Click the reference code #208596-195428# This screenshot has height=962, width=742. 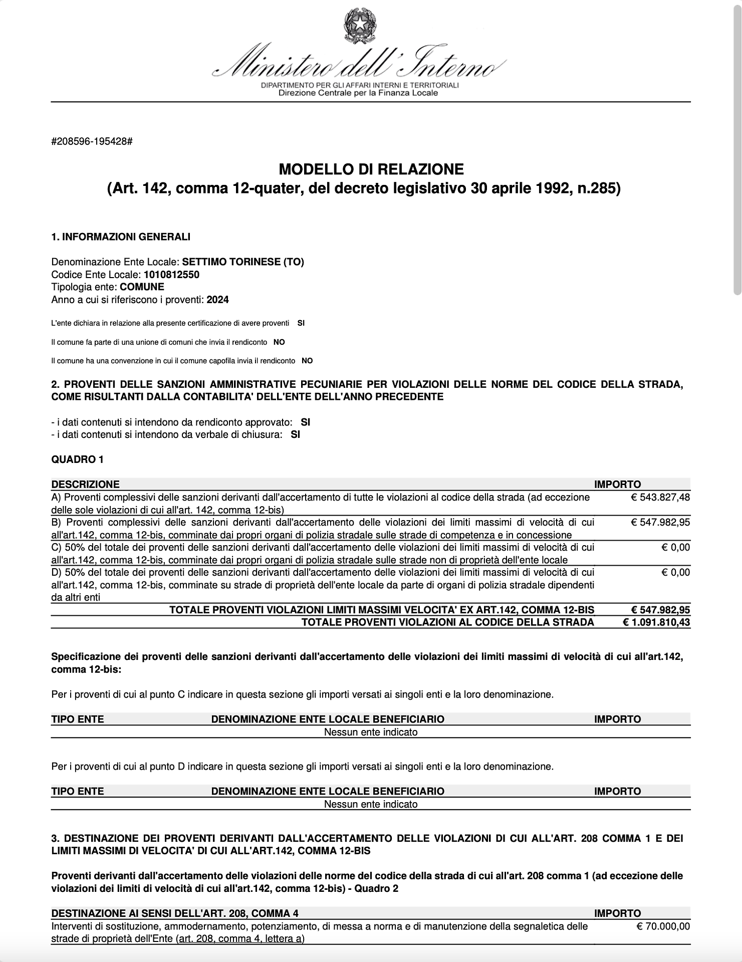pos(92,141)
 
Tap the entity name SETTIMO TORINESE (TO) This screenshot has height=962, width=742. pos(243,262)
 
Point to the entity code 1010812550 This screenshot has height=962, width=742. pos(171,275)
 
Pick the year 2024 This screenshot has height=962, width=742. pos(217,300)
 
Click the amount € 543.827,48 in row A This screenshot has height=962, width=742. pos(660,498)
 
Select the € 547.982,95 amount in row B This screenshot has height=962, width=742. pos(660,523)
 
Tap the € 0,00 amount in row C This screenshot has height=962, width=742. pos(675,548)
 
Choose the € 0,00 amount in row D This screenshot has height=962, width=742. pos(675,573)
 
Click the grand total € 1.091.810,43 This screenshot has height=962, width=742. pos(656,622)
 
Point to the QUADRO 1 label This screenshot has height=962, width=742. pos(77,459)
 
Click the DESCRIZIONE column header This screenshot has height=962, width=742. pos(85,485)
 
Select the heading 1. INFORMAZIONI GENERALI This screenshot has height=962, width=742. pos(121,236)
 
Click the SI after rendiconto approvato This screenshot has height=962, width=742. pos(305,422)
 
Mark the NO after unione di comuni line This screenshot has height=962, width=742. pos(279,342)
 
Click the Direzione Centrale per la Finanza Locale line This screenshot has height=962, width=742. pos(358,93)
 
